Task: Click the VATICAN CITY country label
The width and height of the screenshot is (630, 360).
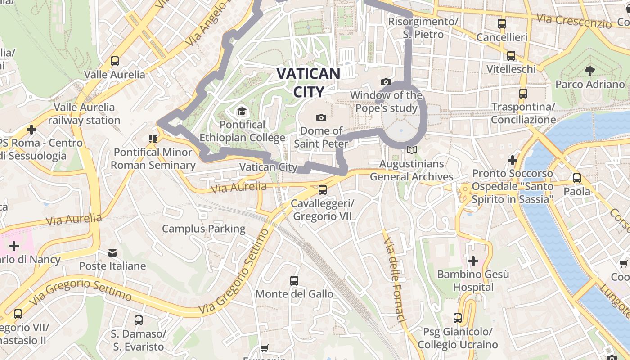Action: [308, 82]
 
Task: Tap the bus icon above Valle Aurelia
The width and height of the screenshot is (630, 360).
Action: [115, 61]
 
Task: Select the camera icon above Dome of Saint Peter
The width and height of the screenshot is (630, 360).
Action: [321, 117]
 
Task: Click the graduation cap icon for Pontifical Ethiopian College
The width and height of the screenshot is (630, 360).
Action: [242, 111]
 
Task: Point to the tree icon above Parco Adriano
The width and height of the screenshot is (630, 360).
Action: [589, 71]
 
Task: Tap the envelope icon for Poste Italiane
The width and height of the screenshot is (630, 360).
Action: [112, 253]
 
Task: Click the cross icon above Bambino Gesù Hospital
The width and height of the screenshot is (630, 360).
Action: [473, 261]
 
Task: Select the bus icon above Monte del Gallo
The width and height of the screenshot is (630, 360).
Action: [294, 281]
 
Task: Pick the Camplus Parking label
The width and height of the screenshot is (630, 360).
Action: [203, 229]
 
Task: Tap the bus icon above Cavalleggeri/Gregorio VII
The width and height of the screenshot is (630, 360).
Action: [322, 190]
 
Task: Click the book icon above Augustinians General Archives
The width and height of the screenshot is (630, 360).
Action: [411, 150]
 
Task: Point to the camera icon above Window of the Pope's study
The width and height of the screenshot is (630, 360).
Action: [386, 82]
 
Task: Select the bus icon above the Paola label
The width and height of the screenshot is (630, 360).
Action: [577, 178]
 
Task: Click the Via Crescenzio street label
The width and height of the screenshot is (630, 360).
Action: [574, 21]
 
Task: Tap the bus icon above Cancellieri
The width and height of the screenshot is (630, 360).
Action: [501, 24]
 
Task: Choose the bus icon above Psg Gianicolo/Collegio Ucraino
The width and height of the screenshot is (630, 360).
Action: [458, 318]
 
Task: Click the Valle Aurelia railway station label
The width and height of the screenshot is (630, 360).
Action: [84, 114]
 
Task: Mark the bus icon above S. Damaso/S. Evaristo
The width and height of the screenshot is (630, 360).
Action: [138, 320]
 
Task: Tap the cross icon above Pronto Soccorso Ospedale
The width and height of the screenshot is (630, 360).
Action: [512, 160]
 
